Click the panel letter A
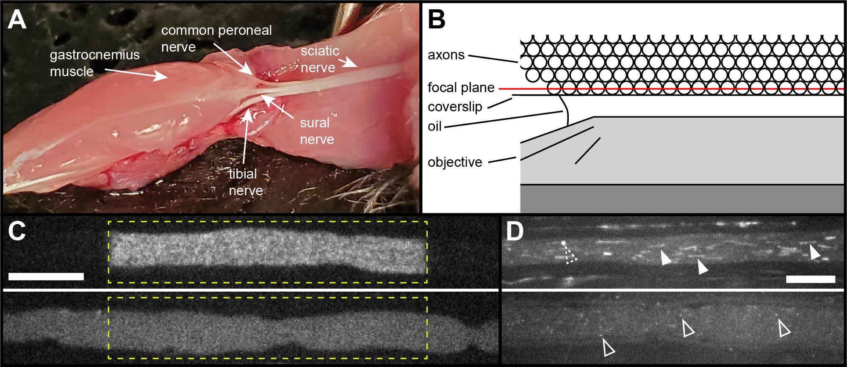tap(17, 20)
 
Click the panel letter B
tap(437, 20)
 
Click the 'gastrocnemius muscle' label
tap(94, 63)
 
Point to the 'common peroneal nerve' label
tap(216, 38)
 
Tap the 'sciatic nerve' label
tap(319, 59)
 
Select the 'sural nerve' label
tap(316, 131)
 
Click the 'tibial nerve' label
tap(245, 182)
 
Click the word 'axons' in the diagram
tap(446, 55)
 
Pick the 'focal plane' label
tap(461, 88)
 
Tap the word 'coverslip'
tap(455, 107)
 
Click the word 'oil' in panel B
tap(435, 126)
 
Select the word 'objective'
tap(455, 162)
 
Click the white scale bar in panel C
tap(46, 276)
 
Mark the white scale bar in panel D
tap(810, 279)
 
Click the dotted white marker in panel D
tap(569, 253)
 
